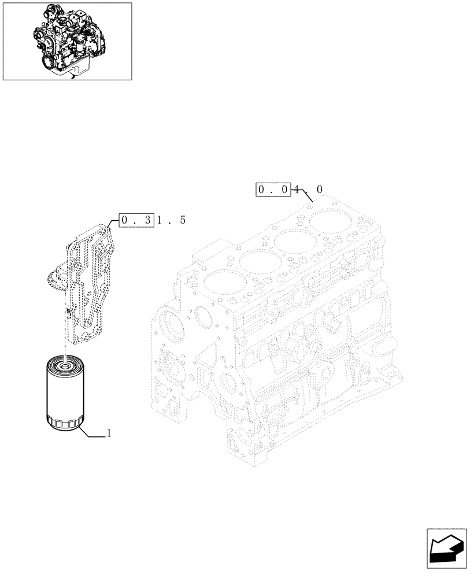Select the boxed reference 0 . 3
pyautogui.click(x=136, y=220)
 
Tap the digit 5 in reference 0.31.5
pyautogui.click(x=182, y=220)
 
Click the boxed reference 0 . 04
pyautogui.click(x=273, y=190)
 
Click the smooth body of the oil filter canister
pyautogui.click(x=65, y=393)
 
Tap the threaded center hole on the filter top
pyautogui.click(x=65, y=364)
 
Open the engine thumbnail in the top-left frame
pyautogui.click(x=66, y=41)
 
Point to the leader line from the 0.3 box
pyautogui.click(x=113, y=221)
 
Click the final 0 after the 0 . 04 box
pyautogui.click(x=320, y=190)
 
